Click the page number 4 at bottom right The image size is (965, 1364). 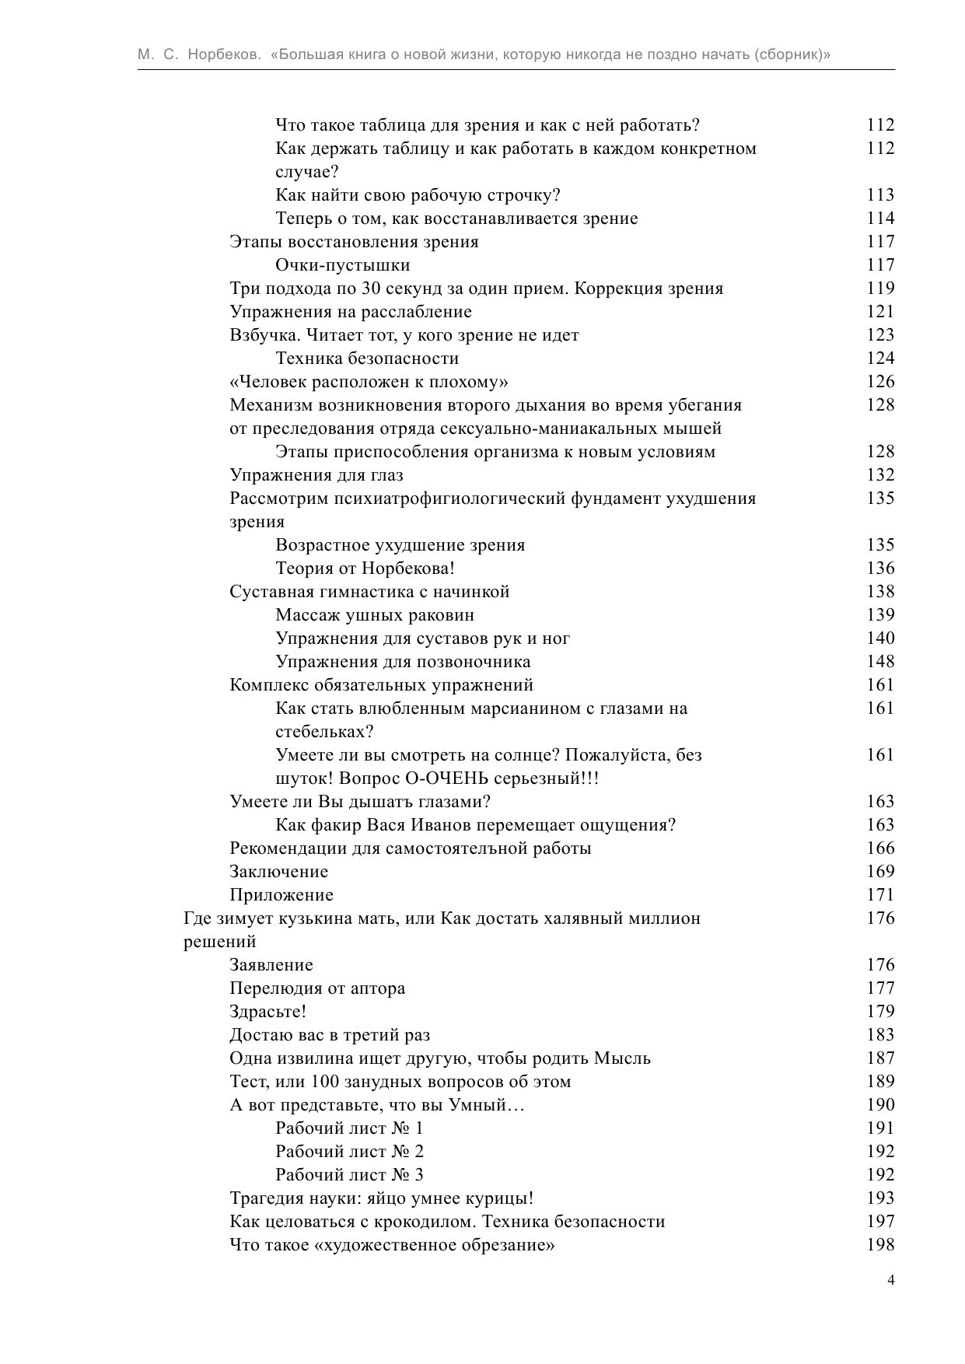pos(891,1281)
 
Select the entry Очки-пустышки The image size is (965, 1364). pos(342,265)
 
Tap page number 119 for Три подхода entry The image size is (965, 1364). pos(880,289)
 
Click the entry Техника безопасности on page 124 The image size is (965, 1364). pos(367,358)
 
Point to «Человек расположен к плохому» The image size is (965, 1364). pos(369,382)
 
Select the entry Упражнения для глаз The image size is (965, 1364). pos(316,475)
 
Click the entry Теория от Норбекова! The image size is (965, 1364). pos(365,568)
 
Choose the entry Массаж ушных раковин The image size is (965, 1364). pos(375,615)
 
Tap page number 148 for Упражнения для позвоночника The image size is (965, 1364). pos(880,662)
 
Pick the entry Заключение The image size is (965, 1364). pos(278,872)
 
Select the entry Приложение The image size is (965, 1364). pos(281,895)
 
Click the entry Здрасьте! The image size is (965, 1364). pos(267,1012)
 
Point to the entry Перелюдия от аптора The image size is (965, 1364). pos(317,988)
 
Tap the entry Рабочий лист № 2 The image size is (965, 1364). pos(349,1152)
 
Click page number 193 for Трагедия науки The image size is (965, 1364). pos(880,1198)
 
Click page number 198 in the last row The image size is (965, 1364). pos(880,1245)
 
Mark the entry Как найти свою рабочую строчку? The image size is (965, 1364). pos(418,195)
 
